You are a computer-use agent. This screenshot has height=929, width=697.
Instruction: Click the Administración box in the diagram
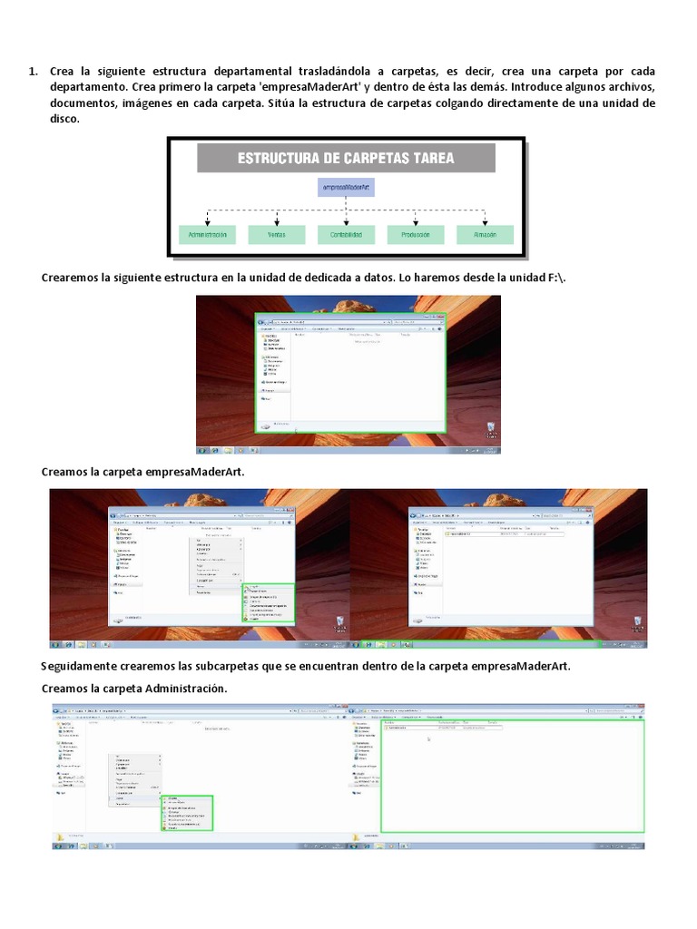coord(207,235)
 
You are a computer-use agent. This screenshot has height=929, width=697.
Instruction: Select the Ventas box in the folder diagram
coord(277,235)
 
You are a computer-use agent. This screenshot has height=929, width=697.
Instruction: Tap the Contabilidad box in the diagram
coord(346,235)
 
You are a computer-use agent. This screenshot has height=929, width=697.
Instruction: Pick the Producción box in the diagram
coord(416,235)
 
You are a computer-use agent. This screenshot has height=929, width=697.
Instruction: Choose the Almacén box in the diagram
coord(485,235)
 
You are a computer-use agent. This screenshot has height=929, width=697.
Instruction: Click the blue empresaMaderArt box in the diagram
coord(348,186)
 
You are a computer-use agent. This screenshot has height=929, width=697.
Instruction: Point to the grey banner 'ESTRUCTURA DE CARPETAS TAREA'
coord(346,158)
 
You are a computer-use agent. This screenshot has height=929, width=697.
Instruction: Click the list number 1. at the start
coord(33,71)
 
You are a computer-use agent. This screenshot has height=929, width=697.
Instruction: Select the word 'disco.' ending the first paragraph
coord(66,118)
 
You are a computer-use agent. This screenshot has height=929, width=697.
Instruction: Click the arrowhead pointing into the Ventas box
coord(277,223)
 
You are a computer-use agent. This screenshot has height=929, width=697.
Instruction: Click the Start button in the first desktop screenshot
coord(202,449)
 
